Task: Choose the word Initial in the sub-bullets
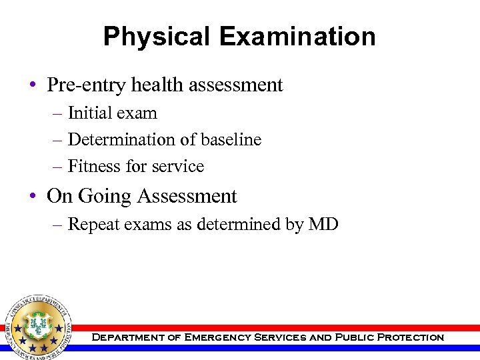[90, 113]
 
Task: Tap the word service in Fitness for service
[177, 167]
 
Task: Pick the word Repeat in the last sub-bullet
[93, 225]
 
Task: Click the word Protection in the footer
[410, 337]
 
